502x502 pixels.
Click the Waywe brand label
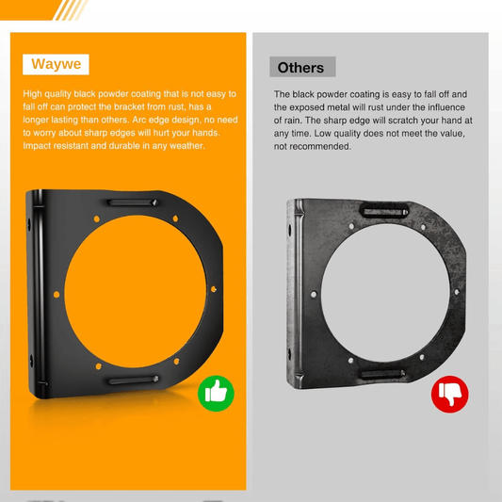tap(56, 65)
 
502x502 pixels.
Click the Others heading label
tap(301, 68)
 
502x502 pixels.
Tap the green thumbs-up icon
tap(216, 392)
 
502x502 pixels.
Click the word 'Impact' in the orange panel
tap(36, 146)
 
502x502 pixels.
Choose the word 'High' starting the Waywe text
tap(33, 93)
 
